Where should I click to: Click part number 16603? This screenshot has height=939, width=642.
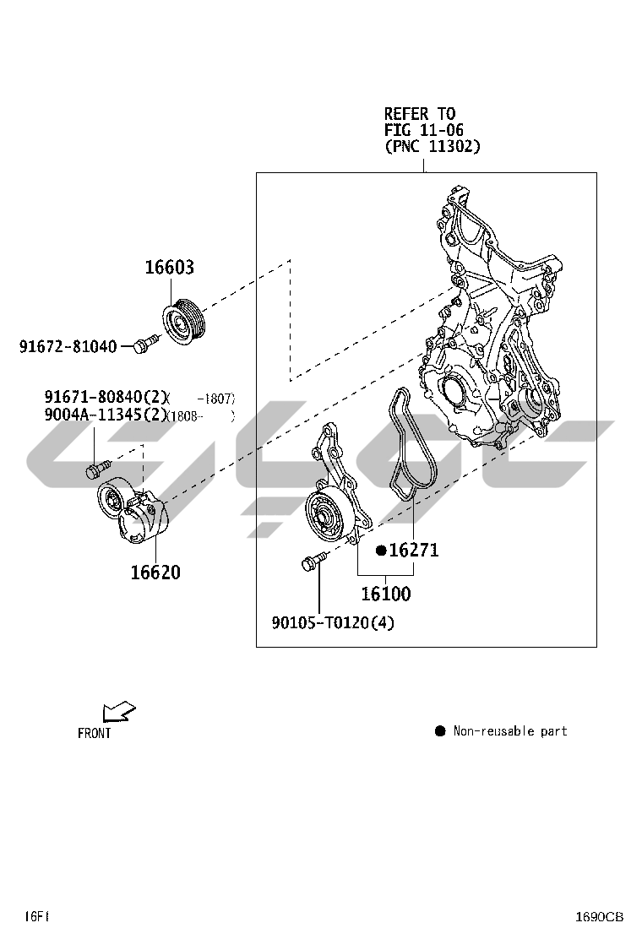[169, 268]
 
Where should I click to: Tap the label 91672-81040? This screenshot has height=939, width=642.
[68, 345]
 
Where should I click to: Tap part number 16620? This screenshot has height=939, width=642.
[155, 572]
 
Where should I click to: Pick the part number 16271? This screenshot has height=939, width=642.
[414, 551]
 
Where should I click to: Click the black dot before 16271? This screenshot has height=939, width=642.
[381, 551]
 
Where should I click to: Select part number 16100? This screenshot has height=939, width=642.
[386, 594]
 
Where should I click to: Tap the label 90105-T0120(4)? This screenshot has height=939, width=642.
[333, 623]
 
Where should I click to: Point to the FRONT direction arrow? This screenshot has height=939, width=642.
[117, 712]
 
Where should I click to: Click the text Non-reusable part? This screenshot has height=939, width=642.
[510, 731]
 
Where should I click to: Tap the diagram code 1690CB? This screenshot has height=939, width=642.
[600, 916]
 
